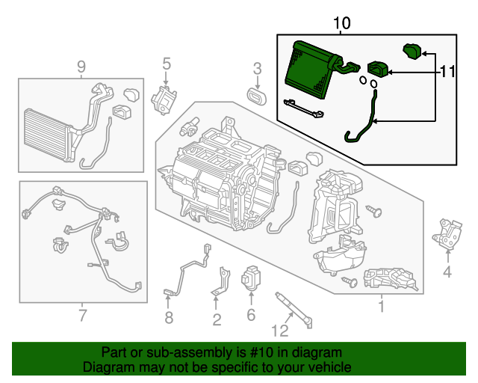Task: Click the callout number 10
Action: [x=341, y=23]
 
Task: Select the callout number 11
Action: [x=447, y=72]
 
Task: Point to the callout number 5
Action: [x=166, y=64]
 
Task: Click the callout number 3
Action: [x=257, y=69]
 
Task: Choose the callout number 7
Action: [x=82, y=315]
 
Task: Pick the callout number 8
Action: [x=168, y=318]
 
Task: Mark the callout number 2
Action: [x=216, y=320]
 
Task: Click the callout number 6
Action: [x=251, y=315]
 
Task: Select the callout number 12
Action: [x=279, y=330]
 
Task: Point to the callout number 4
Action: [x=447, y=272]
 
